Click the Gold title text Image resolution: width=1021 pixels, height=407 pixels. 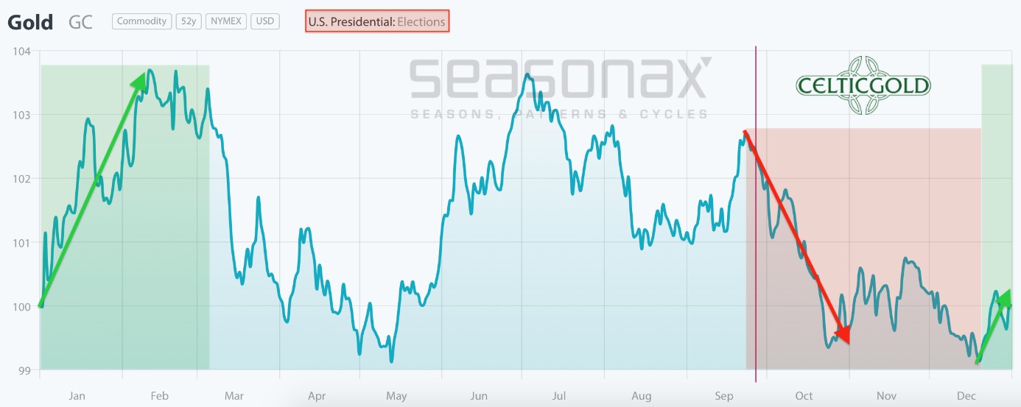click(x=30, y=22)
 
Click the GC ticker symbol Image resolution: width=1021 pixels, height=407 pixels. click(x=80, y=22)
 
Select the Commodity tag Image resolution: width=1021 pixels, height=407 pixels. click(x=142, y=21)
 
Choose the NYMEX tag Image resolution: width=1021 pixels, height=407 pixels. click(x=226, y=21)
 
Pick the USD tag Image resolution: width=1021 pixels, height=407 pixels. click(x=264, y=21)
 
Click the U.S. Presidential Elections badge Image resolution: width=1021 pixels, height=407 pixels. click(x=377, y=21)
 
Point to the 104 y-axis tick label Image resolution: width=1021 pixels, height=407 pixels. click(x=21, y=52)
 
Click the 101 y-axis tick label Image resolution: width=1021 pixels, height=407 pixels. click(x=21, y=242)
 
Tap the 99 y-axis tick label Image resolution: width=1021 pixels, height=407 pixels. click(x=22, y=369)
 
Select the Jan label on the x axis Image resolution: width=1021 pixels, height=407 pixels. click(x=77, y=396)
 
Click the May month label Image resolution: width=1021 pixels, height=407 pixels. click(x=396, y=396)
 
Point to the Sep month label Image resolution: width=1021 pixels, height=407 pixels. click(x=724, y=396)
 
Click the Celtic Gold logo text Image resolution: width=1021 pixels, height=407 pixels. click(x=863, y=86)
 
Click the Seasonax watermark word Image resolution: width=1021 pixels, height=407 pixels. click(x=558, y=79)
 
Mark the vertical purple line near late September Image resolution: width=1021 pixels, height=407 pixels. click(x=756, y=221)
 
